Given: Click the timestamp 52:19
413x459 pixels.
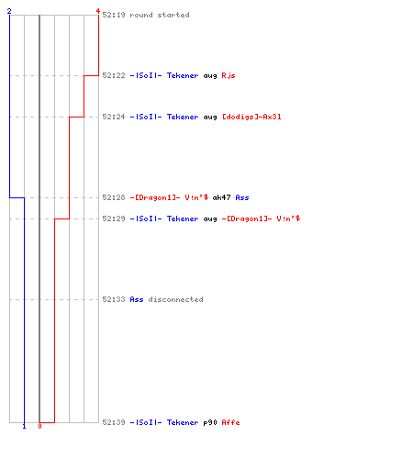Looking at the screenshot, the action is [114, 15].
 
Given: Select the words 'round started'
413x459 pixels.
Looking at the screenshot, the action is [160, 15].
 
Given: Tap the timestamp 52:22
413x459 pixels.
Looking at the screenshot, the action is [114, 75].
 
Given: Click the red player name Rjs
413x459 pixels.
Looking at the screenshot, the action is [229, 75].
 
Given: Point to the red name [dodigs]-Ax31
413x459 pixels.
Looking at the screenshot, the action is [251, 117].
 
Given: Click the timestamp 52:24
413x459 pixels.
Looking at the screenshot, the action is [114, 117].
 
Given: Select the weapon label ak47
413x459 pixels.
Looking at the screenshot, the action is [221, 197].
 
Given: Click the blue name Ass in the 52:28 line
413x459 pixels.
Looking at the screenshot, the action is [242, 197].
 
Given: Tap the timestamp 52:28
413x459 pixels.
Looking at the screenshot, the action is [114, 197].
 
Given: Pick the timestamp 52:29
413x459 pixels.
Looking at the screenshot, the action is [114, 218].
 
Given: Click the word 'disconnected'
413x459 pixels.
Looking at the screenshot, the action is [175, 299].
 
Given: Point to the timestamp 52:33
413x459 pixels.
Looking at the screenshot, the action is [114, 299].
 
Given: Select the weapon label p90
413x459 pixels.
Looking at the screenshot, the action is [210, 422].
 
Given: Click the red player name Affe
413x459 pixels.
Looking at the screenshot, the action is [230, 422].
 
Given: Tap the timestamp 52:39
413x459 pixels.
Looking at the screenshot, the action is [114, 422].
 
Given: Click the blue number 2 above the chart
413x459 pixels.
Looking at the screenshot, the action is [9, 11].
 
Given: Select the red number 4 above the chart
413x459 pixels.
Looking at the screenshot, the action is [98, 11].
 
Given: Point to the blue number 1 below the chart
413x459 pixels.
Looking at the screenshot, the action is [24, 426].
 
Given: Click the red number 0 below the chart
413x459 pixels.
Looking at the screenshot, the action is [39, 426].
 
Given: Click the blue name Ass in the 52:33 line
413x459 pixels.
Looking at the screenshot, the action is [137, 299].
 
